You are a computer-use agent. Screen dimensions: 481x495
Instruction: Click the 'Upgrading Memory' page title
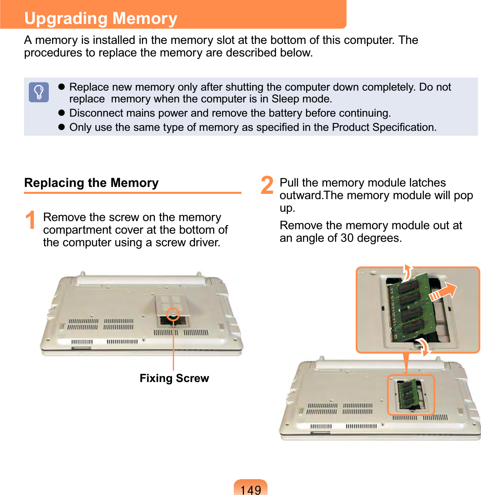pyautogui.click(x=101, y=18)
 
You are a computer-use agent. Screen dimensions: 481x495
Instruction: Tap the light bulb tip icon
pyautogui.click(x=39, y=92)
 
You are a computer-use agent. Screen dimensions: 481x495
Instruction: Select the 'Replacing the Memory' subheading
pyautogui.click(x=91, y=182)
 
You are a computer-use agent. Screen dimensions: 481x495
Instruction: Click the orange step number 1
pyautogui.click(x=31, y=220)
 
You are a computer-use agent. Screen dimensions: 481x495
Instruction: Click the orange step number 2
pyautogui.click(x=267, y=185)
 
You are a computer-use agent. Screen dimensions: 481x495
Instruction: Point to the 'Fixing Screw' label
pyautogui.click(x=174, y=378)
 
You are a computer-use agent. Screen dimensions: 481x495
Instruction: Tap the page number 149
pyautogui.click(x=251, y=490)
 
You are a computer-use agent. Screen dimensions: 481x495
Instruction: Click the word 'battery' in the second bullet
pyautogui.click(x=285, y=113)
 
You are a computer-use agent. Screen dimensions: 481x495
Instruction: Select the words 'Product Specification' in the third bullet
pyautogui.click(x=384, y=127)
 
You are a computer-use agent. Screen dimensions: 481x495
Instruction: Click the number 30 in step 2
pyautogui.click(x=347, y=238)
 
